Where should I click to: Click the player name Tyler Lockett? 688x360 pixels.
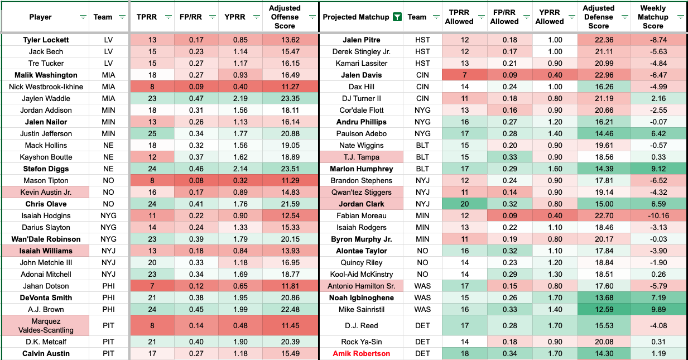[x=46, y=40]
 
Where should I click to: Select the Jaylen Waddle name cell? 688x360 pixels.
[x=46, y=99]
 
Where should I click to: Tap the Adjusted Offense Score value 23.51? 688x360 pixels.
[x=284, y=169]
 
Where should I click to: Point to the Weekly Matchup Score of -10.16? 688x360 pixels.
[x=653, y=216]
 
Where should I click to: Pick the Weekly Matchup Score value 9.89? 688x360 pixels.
[x=653, y=310]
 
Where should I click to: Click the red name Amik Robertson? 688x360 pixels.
[x=361, y=354]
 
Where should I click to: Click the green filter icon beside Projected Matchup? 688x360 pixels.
[x=396, y=17]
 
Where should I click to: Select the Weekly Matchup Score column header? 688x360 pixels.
[x=653, y=17]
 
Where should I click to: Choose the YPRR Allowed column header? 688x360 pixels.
[x=549, y=17]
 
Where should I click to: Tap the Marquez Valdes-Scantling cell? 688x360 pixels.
[x=46, y=326]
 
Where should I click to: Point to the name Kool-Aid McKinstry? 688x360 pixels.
[x=361, y=275]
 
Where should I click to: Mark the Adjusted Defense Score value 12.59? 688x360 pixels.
[x=598, y=310]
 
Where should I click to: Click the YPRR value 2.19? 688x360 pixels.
[x=240, y=99]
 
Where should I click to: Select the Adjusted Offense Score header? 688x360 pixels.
[x=284, y=17]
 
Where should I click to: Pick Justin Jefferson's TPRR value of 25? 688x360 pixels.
[x=151, y=134]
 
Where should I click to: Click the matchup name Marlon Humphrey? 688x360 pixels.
[x=361, y=169]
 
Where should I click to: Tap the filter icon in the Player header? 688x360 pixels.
[x=83, y=17]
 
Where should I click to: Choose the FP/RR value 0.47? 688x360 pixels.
[x=196, y=99]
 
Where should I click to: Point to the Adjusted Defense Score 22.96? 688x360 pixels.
[x=598, y=75]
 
